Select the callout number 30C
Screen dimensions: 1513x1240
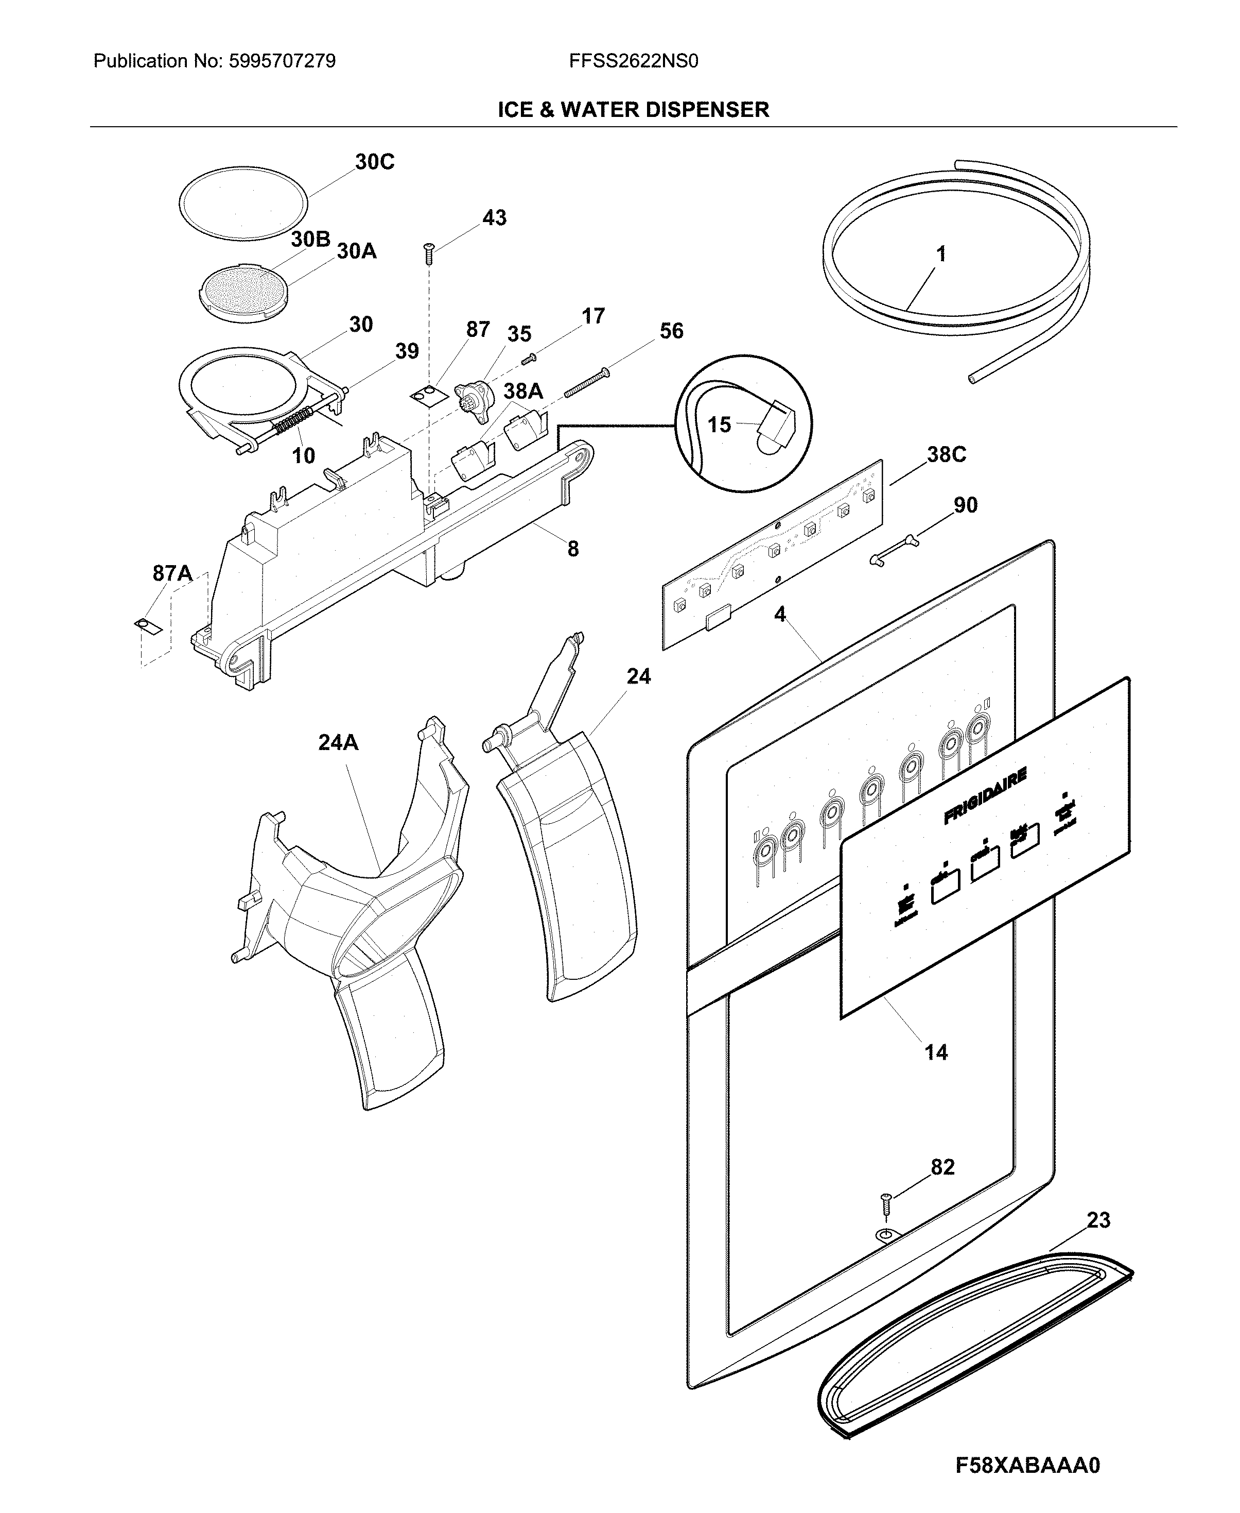(374, 162)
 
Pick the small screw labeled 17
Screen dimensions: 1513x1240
(529, 358)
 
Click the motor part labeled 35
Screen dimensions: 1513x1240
(474, 395)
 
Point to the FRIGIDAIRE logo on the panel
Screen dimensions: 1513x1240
(985, 795)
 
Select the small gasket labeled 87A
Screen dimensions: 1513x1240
(148, 625)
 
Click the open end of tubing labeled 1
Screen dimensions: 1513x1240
(972, 380)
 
